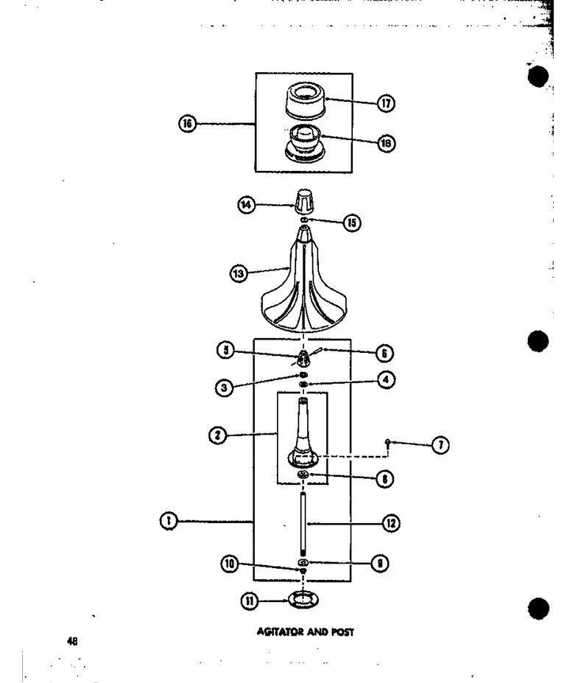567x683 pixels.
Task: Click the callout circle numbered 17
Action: pos(386,103)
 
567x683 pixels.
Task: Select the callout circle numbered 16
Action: pos(188,124)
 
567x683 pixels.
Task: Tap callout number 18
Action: pos(387,144)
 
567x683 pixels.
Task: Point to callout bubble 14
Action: pos(247,205)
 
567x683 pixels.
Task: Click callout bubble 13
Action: pos(239,273)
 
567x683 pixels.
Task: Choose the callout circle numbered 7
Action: pos(440,445)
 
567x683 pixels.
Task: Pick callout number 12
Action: pos(390,523)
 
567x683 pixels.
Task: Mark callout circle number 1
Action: pos(169,521)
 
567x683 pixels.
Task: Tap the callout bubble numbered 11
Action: pos(250,601)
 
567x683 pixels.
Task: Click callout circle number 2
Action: pos(218,435)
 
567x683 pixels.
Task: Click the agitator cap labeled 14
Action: pos(303,201)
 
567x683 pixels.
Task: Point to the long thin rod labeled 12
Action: pos(303,522)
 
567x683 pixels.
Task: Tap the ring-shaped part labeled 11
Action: pos(302,600)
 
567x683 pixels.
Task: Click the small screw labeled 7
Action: pos(387,443)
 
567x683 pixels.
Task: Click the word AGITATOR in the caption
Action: pos(280,631)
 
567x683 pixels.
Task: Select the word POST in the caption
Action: pos(342,631)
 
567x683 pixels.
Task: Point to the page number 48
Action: pos(72,641)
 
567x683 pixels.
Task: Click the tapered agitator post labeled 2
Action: pos(303,433)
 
